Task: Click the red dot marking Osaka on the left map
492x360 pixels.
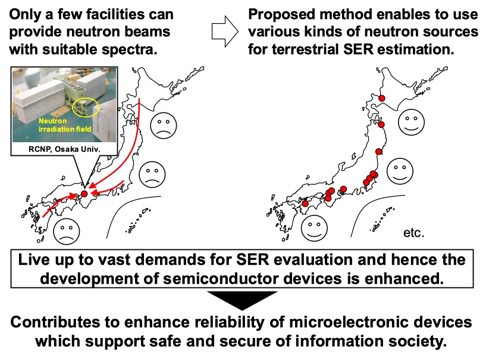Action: tap(84, 193)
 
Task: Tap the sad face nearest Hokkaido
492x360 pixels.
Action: tap(164, 126)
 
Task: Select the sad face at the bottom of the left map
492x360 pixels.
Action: tap(67, 231)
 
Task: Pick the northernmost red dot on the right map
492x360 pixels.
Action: tap(381, 98)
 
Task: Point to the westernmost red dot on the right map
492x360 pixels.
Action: tap(305, 204)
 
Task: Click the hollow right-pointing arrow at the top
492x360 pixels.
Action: tap(225, 32)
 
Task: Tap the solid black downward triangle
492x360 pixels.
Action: tap(242, 300)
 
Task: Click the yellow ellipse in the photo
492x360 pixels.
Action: tap(86, 107)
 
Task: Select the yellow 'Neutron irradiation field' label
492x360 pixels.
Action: tap(65, 125)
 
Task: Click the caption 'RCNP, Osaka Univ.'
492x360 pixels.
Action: tap(64, 149)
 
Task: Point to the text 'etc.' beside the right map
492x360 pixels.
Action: tap(413, 233)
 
